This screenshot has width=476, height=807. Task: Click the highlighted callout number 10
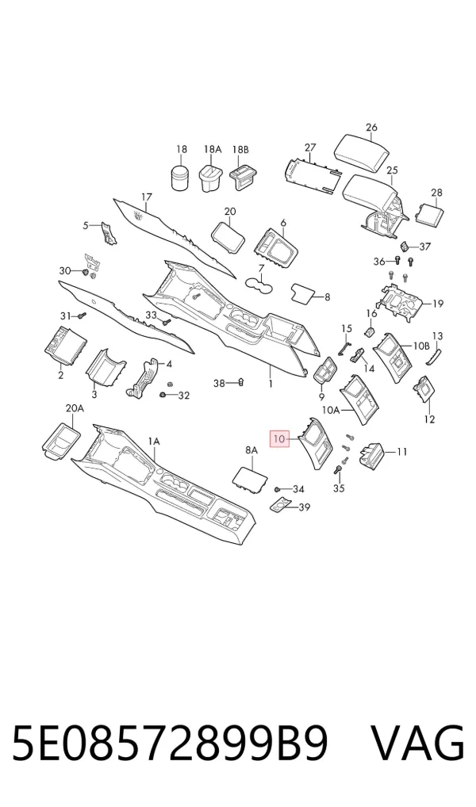[x=279, y=439]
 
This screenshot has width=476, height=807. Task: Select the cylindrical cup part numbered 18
[x=182, y=178]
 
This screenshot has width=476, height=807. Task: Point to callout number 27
[x=309, y=147]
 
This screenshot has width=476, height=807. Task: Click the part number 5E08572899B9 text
[x=170, y=744]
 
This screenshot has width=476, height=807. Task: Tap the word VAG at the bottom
[x=417, y=744]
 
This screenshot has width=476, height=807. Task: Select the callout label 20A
[x=75, y=408]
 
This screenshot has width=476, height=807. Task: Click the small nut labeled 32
[x=163, y=395]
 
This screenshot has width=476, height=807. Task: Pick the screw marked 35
[x=339, y=470]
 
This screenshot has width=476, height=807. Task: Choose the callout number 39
[x=305, y=507]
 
